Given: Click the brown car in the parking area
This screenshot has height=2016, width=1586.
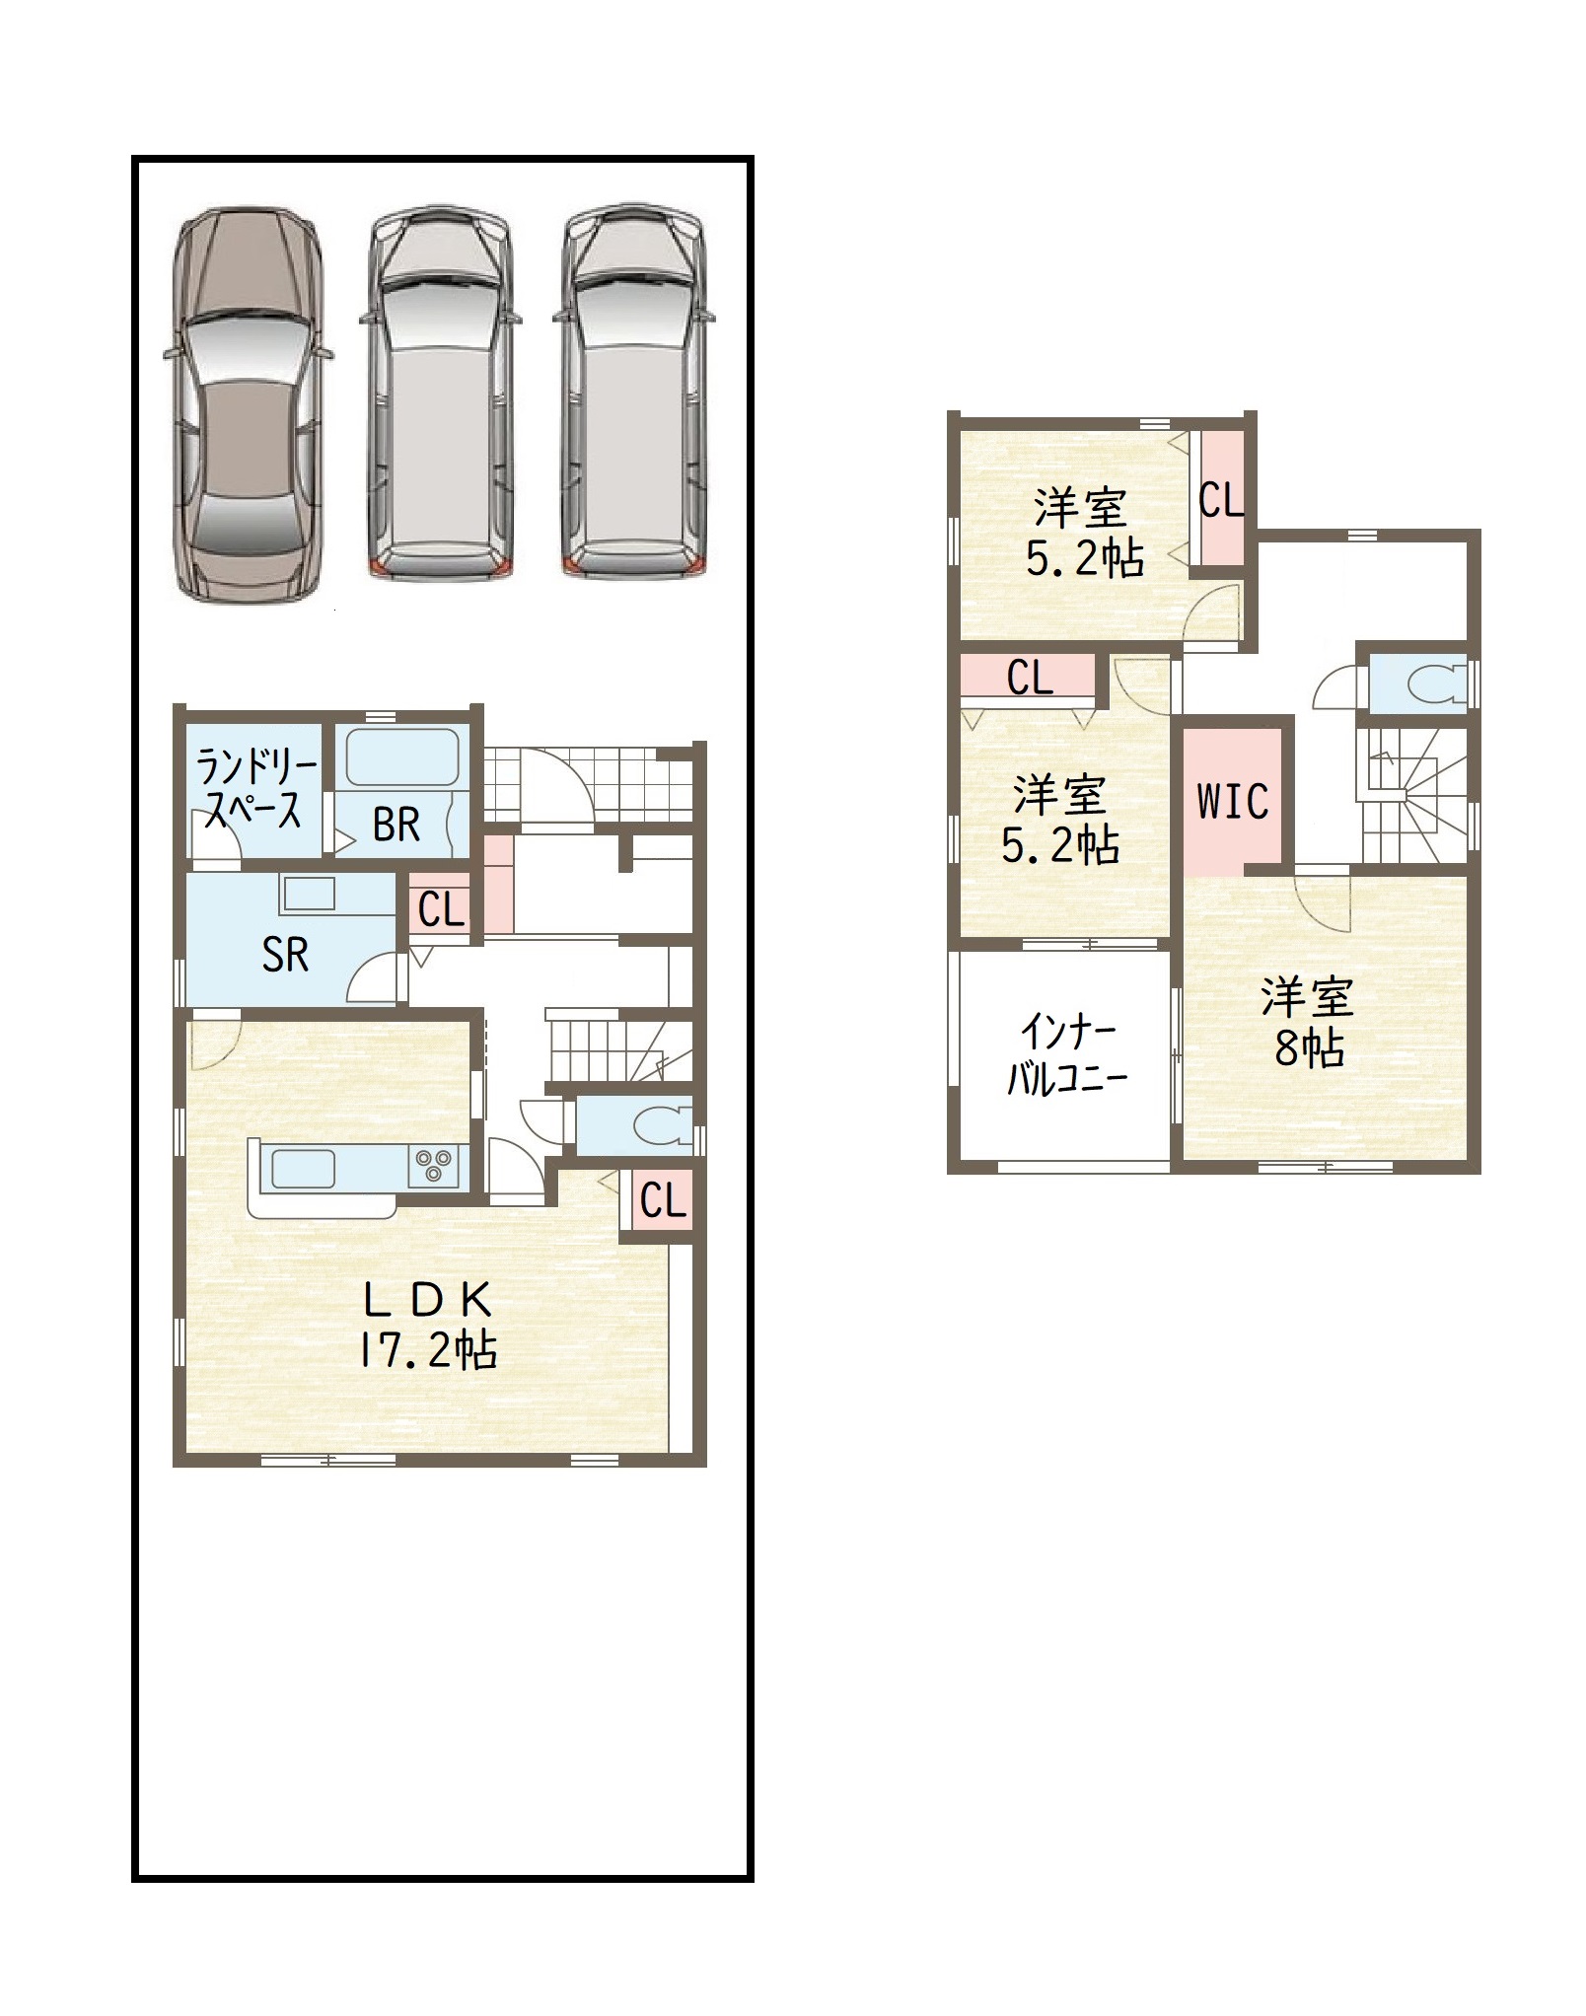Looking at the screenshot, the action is (249, 404).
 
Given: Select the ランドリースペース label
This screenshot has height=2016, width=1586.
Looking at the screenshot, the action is (255, 787).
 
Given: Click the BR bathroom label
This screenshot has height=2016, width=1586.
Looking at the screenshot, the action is (396, 825).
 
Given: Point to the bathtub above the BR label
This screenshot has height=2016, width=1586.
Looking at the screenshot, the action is (402, 757).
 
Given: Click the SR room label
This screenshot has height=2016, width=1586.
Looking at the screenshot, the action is (285, 955).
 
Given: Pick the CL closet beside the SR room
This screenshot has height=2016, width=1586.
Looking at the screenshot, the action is (441, 909).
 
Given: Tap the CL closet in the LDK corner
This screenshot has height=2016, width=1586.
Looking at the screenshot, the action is (662, 1200).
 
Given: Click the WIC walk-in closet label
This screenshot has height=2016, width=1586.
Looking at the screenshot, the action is (1233, 801).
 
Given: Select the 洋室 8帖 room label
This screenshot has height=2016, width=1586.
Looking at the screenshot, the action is (1308, 1023).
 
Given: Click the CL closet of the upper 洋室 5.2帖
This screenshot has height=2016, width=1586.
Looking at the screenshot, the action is (1221, 499).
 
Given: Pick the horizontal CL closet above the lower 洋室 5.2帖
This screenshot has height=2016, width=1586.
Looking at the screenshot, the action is (1029, 677).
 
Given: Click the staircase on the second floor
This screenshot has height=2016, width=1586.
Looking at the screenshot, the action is (1412, 795).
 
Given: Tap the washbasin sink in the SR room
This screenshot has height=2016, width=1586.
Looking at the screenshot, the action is (309, 894).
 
